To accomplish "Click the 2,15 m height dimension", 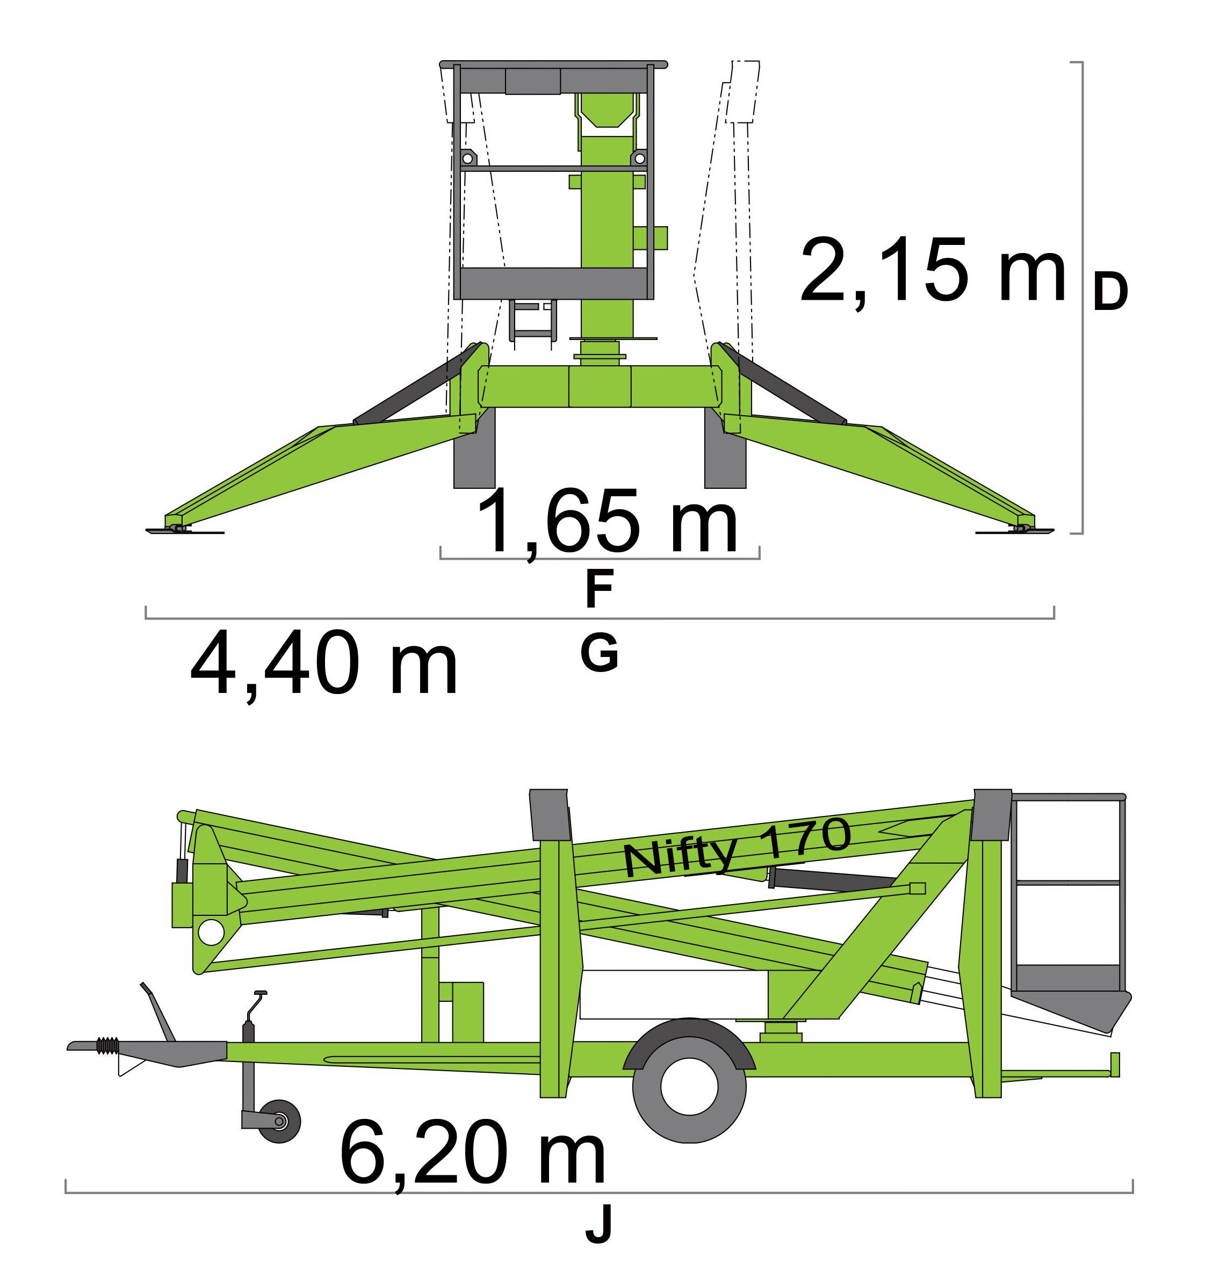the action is [933, 270].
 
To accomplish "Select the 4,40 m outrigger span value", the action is [324, 663].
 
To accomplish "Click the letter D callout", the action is [1110, 291].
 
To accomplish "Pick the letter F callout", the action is [599, 589].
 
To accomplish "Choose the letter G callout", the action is [600, 653].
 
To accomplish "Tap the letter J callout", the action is [599, 1226].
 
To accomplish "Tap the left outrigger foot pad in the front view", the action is [184, 530].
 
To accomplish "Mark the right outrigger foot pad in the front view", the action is [1014, 530].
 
